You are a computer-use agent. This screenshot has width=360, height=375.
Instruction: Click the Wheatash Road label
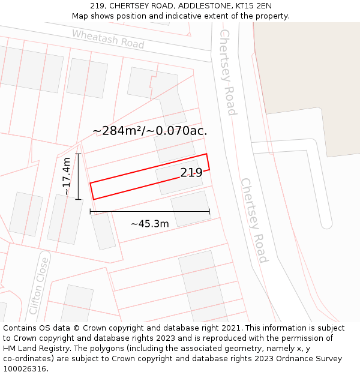coord(108,39)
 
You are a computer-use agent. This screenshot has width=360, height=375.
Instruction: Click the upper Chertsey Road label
coord(228,72)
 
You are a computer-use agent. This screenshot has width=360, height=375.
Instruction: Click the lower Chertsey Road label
coord(254,220)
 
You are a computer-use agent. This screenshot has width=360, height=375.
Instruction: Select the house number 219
coord(191,173)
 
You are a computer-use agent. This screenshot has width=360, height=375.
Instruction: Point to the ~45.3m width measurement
coord(150,224)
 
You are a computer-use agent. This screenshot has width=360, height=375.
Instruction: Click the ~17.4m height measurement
coord(67,176)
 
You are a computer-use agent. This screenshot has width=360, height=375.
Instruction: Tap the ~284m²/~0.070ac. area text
coord(150,130)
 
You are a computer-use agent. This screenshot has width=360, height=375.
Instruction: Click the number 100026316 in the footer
coord(23,368)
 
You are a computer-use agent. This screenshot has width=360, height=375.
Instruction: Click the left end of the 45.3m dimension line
coord(90,211)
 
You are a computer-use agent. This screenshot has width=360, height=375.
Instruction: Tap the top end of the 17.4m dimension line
coord(78,154)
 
